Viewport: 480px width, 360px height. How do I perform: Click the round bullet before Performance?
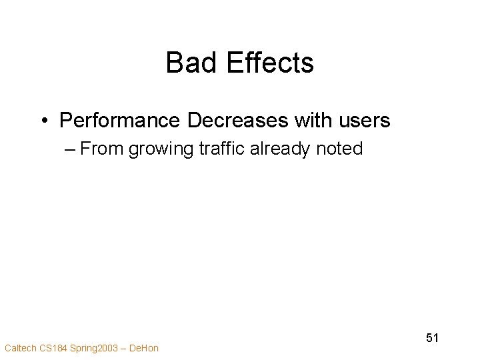click(43, 121)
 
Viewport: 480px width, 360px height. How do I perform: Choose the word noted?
click(340, 149)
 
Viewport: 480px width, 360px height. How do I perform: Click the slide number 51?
click(432, 338)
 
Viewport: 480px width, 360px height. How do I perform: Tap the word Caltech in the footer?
click(19, 347)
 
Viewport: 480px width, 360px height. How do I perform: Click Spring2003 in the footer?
click(95, 347)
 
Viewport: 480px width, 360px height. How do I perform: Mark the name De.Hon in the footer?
click(145, 347)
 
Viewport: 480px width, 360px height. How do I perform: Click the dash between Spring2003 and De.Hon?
click(125, 347)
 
